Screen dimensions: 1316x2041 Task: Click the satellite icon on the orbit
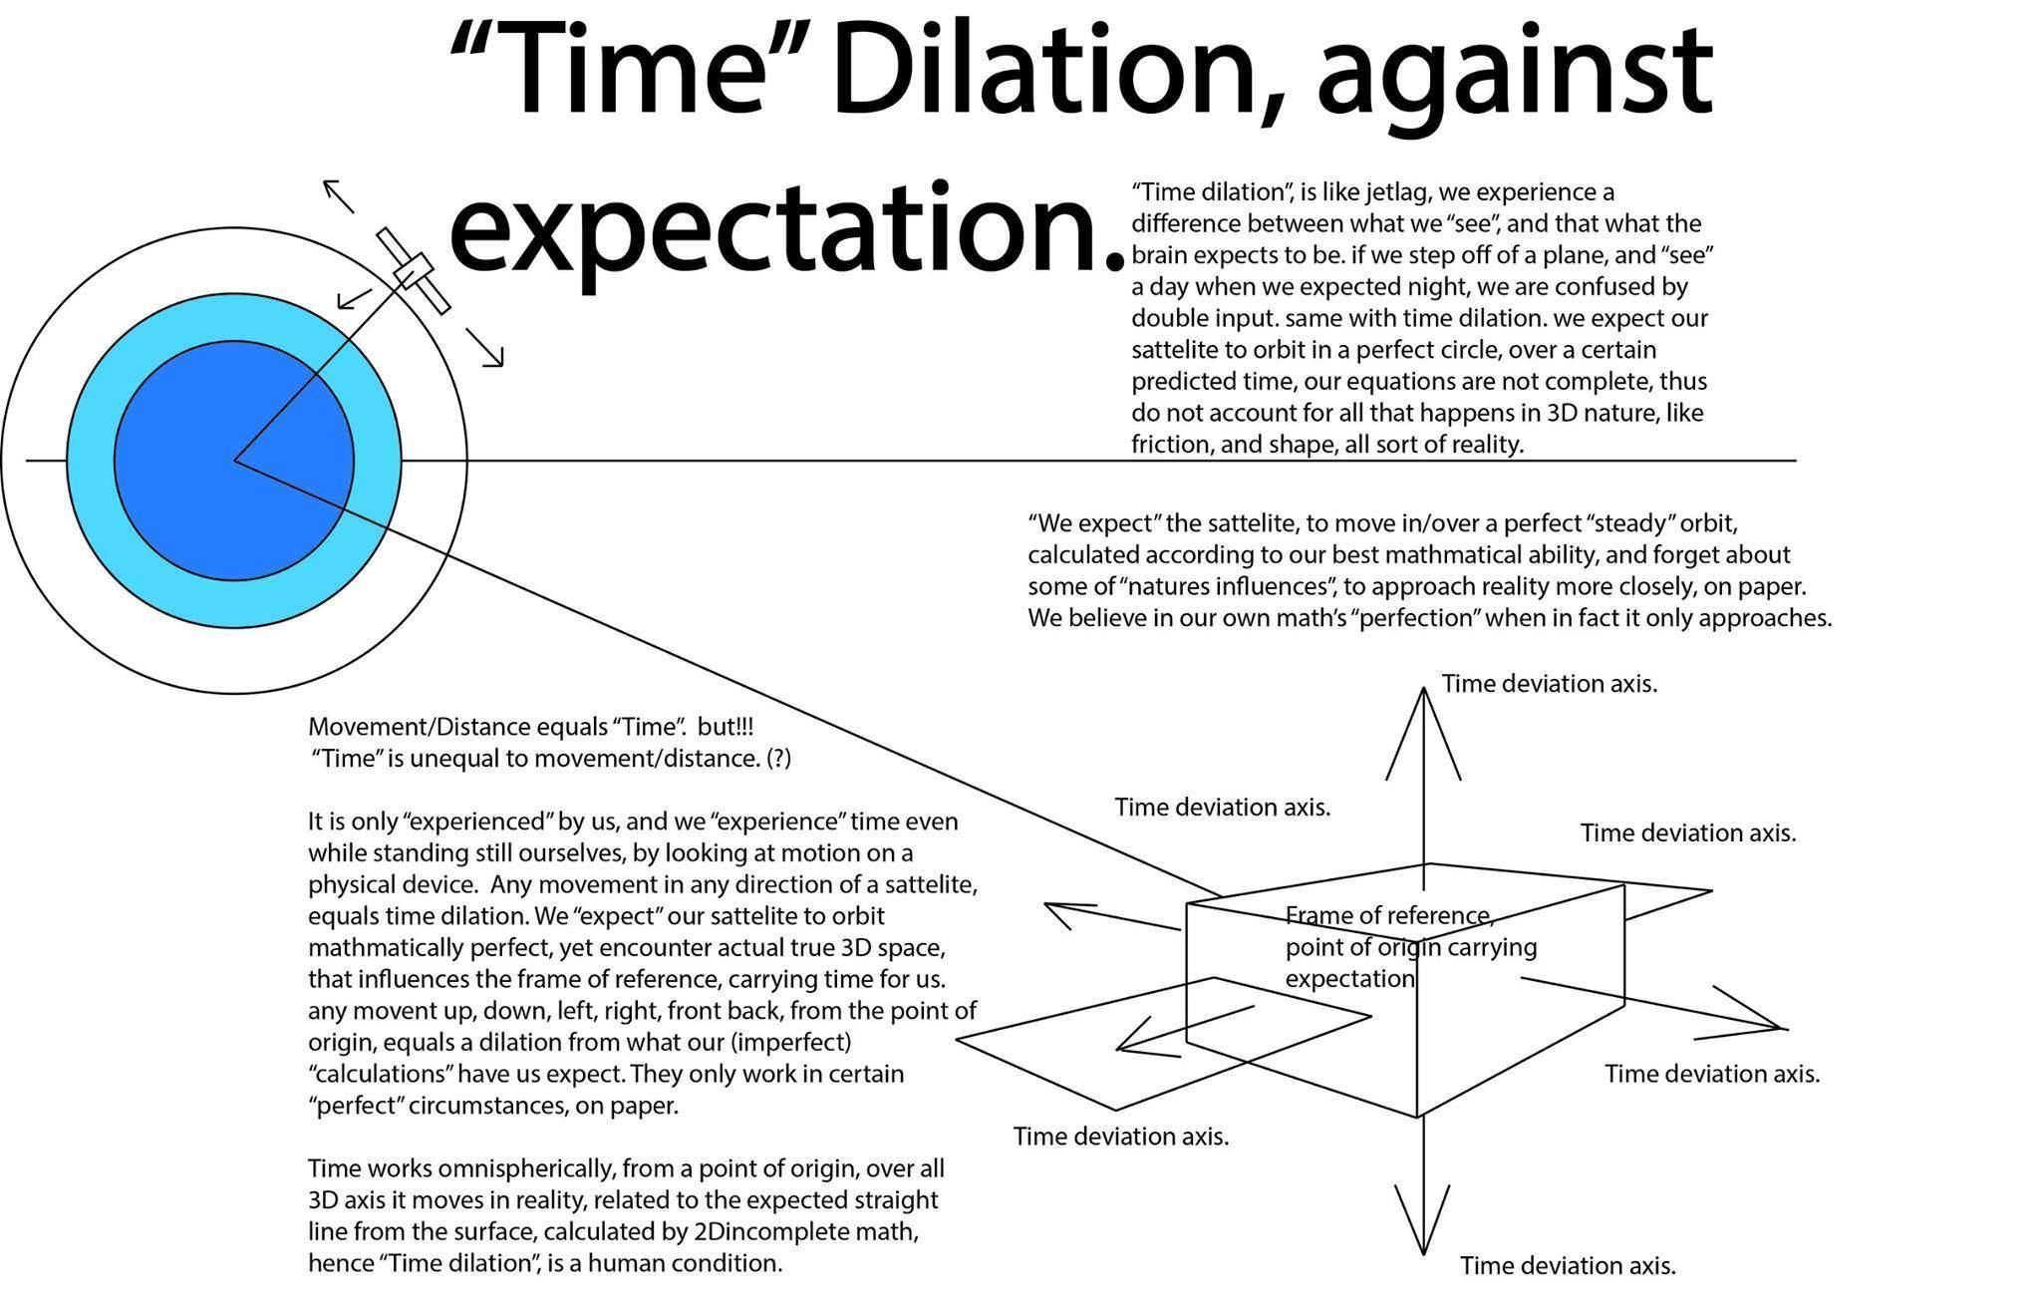tap(413, 269)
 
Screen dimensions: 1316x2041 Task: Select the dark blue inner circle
tap(234, 461)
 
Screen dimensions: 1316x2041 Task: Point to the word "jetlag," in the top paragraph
tap(1378, 191)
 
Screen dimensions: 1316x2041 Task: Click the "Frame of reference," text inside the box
tap(1388, 915)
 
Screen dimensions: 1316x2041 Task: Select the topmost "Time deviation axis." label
tap(1549, 684)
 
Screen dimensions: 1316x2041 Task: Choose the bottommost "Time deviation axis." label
tap(1568, 1266)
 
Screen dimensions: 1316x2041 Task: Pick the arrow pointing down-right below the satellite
tap(486, 349)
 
